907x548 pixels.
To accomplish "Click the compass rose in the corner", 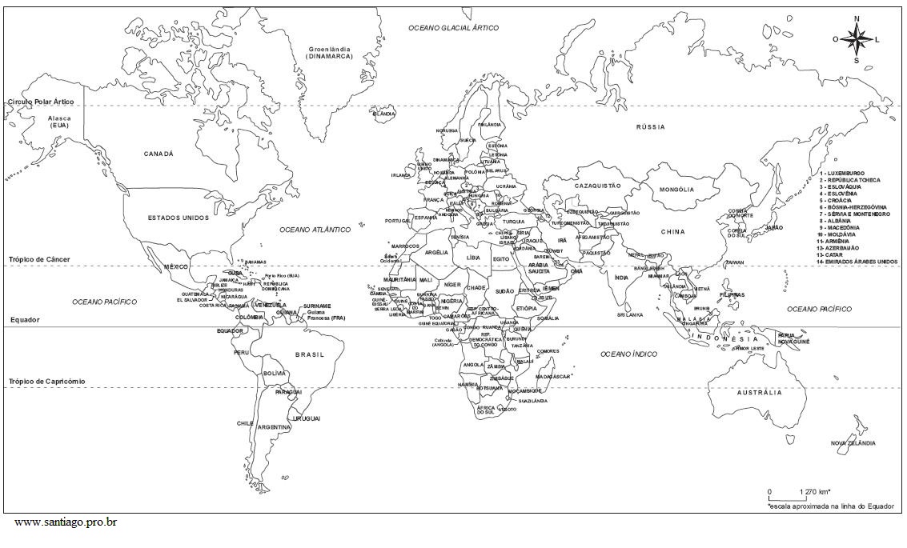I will tap(856, 38).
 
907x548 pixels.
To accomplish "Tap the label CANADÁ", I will tap(159, 154).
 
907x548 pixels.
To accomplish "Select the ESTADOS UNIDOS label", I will tap(179, 218).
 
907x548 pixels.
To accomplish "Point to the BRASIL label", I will tap(309, 354).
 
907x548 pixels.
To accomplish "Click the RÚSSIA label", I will tap(650, 127).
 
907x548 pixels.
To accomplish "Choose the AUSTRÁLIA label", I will tap(759, 393).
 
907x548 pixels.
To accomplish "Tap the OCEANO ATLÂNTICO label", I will tap(315, 230).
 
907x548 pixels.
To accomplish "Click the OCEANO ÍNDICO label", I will tap(629, 354).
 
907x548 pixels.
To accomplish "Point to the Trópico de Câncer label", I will tap(40, 260).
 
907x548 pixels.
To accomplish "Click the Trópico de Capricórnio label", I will tap(46, 382).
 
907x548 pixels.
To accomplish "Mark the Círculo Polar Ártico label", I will tap(41, 102).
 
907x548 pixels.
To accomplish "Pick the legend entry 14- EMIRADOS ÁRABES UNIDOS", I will tap(857, 262).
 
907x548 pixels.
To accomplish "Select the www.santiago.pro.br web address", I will tap(66, 522).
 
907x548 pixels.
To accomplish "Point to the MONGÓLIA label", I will tap(676, 190).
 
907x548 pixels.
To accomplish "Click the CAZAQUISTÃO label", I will tap(597, 186).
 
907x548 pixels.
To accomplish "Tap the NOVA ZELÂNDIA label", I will tap(853, 443).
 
